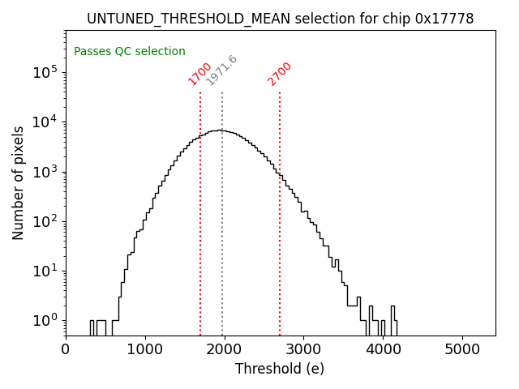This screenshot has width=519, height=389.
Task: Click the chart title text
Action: pos(280,19)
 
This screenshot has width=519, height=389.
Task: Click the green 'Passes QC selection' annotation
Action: pos(130,51)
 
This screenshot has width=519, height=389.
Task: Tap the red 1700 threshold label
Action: pos(199,74)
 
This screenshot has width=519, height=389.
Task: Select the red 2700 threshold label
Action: pos(279,74)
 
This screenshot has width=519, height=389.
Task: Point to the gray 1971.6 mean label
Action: pos(221,71)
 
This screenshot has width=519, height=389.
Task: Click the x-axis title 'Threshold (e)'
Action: pos(280,369)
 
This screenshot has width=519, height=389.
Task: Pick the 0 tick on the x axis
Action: pos(66,349)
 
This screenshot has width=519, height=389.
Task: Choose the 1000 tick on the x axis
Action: pos(145,349)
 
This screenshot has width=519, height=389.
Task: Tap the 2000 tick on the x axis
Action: pos(225,349)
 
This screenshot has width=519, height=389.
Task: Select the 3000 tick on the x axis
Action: pos(304,349)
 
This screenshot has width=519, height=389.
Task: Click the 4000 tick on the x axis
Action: pos(384,349)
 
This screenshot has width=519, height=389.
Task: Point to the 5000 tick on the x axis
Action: pos(463,349)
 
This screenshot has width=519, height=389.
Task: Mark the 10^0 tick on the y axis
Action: pos(47,321)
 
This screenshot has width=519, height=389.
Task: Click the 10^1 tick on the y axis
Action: pos(47,271)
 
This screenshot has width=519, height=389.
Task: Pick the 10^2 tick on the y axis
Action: pos(47,221)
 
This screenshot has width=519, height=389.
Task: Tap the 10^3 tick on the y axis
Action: pos(47,172)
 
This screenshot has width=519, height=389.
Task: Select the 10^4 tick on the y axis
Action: pos(47,122)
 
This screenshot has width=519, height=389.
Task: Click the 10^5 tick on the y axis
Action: pos(47,73)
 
